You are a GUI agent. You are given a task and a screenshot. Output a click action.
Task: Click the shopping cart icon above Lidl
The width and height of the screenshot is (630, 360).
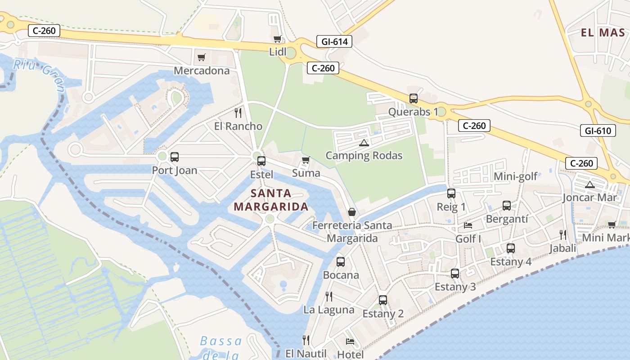pos(277,39)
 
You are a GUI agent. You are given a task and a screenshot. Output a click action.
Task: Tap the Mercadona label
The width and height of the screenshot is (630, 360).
pos(202,71)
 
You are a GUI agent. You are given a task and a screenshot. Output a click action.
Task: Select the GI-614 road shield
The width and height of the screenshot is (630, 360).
pos(334,42)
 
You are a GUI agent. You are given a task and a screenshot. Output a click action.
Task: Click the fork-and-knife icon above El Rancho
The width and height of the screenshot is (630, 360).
pos(238,112)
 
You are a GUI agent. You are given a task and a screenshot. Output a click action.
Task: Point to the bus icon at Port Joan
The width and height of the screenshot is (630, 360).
pos(175,157)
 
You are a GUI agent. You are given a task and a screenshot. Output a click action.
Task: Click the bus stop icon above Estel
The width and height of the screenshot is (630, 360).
pos(261,161)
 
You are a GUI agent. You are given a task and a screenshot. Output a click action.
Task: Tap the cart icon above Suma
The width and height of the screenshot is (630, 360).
pos(306,160)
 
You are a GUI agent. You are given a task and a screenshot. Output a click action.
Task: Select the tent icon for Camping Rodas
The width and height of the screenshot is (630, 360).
pos(364,143)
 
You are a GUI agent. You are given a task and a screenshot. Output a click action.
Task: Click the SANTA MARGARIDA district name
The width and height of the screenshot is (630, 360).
pos(271,200)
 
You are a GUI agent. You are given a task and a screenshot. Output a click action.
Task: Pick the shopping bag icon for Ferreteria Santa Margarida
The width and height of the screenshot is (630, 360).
pos(352,212)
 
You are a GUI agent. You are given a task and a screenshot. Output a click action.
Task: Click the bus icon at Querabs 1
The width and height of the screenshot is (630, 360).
pos(413,98)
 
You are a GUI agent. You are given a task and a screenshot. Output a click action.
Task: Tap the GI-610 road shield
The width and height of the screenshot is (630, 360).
pos(598,131)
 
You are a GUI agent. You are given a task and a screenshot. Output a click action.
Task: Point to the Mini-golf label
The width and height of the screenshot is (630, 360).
pos(516,176)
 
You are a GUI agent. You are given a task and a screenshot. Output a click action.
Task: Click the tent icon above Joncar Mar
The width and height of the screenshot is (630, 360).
pos(589,184)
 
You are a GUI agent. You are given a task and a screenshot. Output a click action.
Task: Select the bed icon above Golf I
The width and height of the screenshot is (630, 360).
pos(468,225)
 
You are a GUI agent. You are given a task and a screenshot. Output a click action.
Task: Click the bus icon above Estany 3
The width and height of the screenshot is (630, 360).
pos(455,273)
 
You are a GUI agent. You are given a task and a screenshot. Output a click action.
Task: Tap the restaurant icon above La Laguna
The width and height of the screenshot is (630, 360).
pos(329,296)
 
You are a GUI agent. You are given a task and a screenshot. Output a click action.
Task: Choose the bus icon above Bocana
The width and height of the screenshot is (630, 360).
pos(341,261)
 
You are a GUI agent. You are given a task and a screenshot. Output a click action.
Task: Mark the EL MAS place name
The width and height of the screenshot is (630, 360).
pos(603,33)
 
